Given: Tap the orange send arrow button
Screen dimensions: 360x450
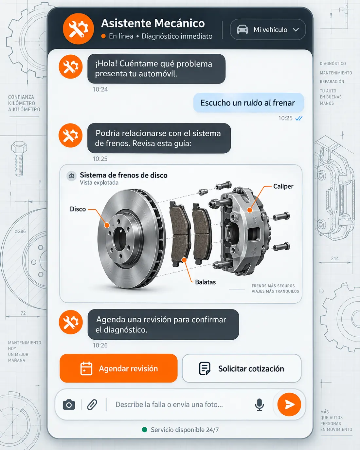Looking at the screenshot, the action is coord(289,404).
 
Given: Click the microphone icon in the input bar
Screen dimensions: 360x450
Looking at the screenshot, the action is coord(259,404).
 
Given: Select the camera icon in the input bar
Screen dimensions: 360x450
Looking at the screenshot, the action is coord(69,404).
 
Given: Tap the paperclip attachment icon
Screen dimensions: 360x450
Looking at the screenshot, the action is coord(92,404).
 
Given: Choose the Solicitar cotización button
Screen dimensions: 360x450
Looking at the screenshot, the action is coord(242,369).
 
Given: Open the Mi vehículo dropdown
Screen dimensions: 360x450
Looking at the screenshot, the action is coord(268,29).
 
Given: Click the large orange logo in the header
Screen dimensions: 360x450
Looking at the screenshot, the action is coord(78,28).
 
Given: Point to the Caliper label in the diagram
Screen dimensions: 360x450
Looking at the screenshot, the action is coord(283,186).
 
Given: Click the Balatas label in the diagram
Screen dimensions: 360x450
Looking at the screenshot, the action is coord(206,282).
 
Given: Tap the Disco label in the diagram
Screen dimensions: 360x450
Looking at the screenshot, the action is coord(78,209).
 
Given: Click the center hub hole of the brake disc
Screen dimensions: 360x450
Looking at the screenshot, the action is coord(120,238).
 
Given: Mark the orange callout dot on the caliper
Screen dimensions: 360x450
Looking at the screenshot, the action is coord(250,210).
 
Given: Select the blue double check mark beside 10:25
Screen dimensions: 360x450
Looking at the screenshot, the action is coord(299,118).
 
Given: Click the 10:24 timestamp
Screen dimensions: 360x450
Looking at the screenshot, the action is coord(100,89).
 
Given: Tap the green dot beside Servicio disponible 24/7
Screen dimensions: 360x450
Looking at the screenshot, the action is coord(144,430).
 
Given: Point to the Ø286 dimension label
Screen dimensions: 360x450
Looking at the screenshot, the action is coord(20,231).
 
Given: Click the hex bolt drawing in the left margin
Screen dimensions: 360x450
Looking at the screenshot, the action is coord(19,159).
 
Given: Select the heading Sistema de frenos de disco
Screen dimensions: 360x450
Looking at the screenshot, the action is coord(123,175).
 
